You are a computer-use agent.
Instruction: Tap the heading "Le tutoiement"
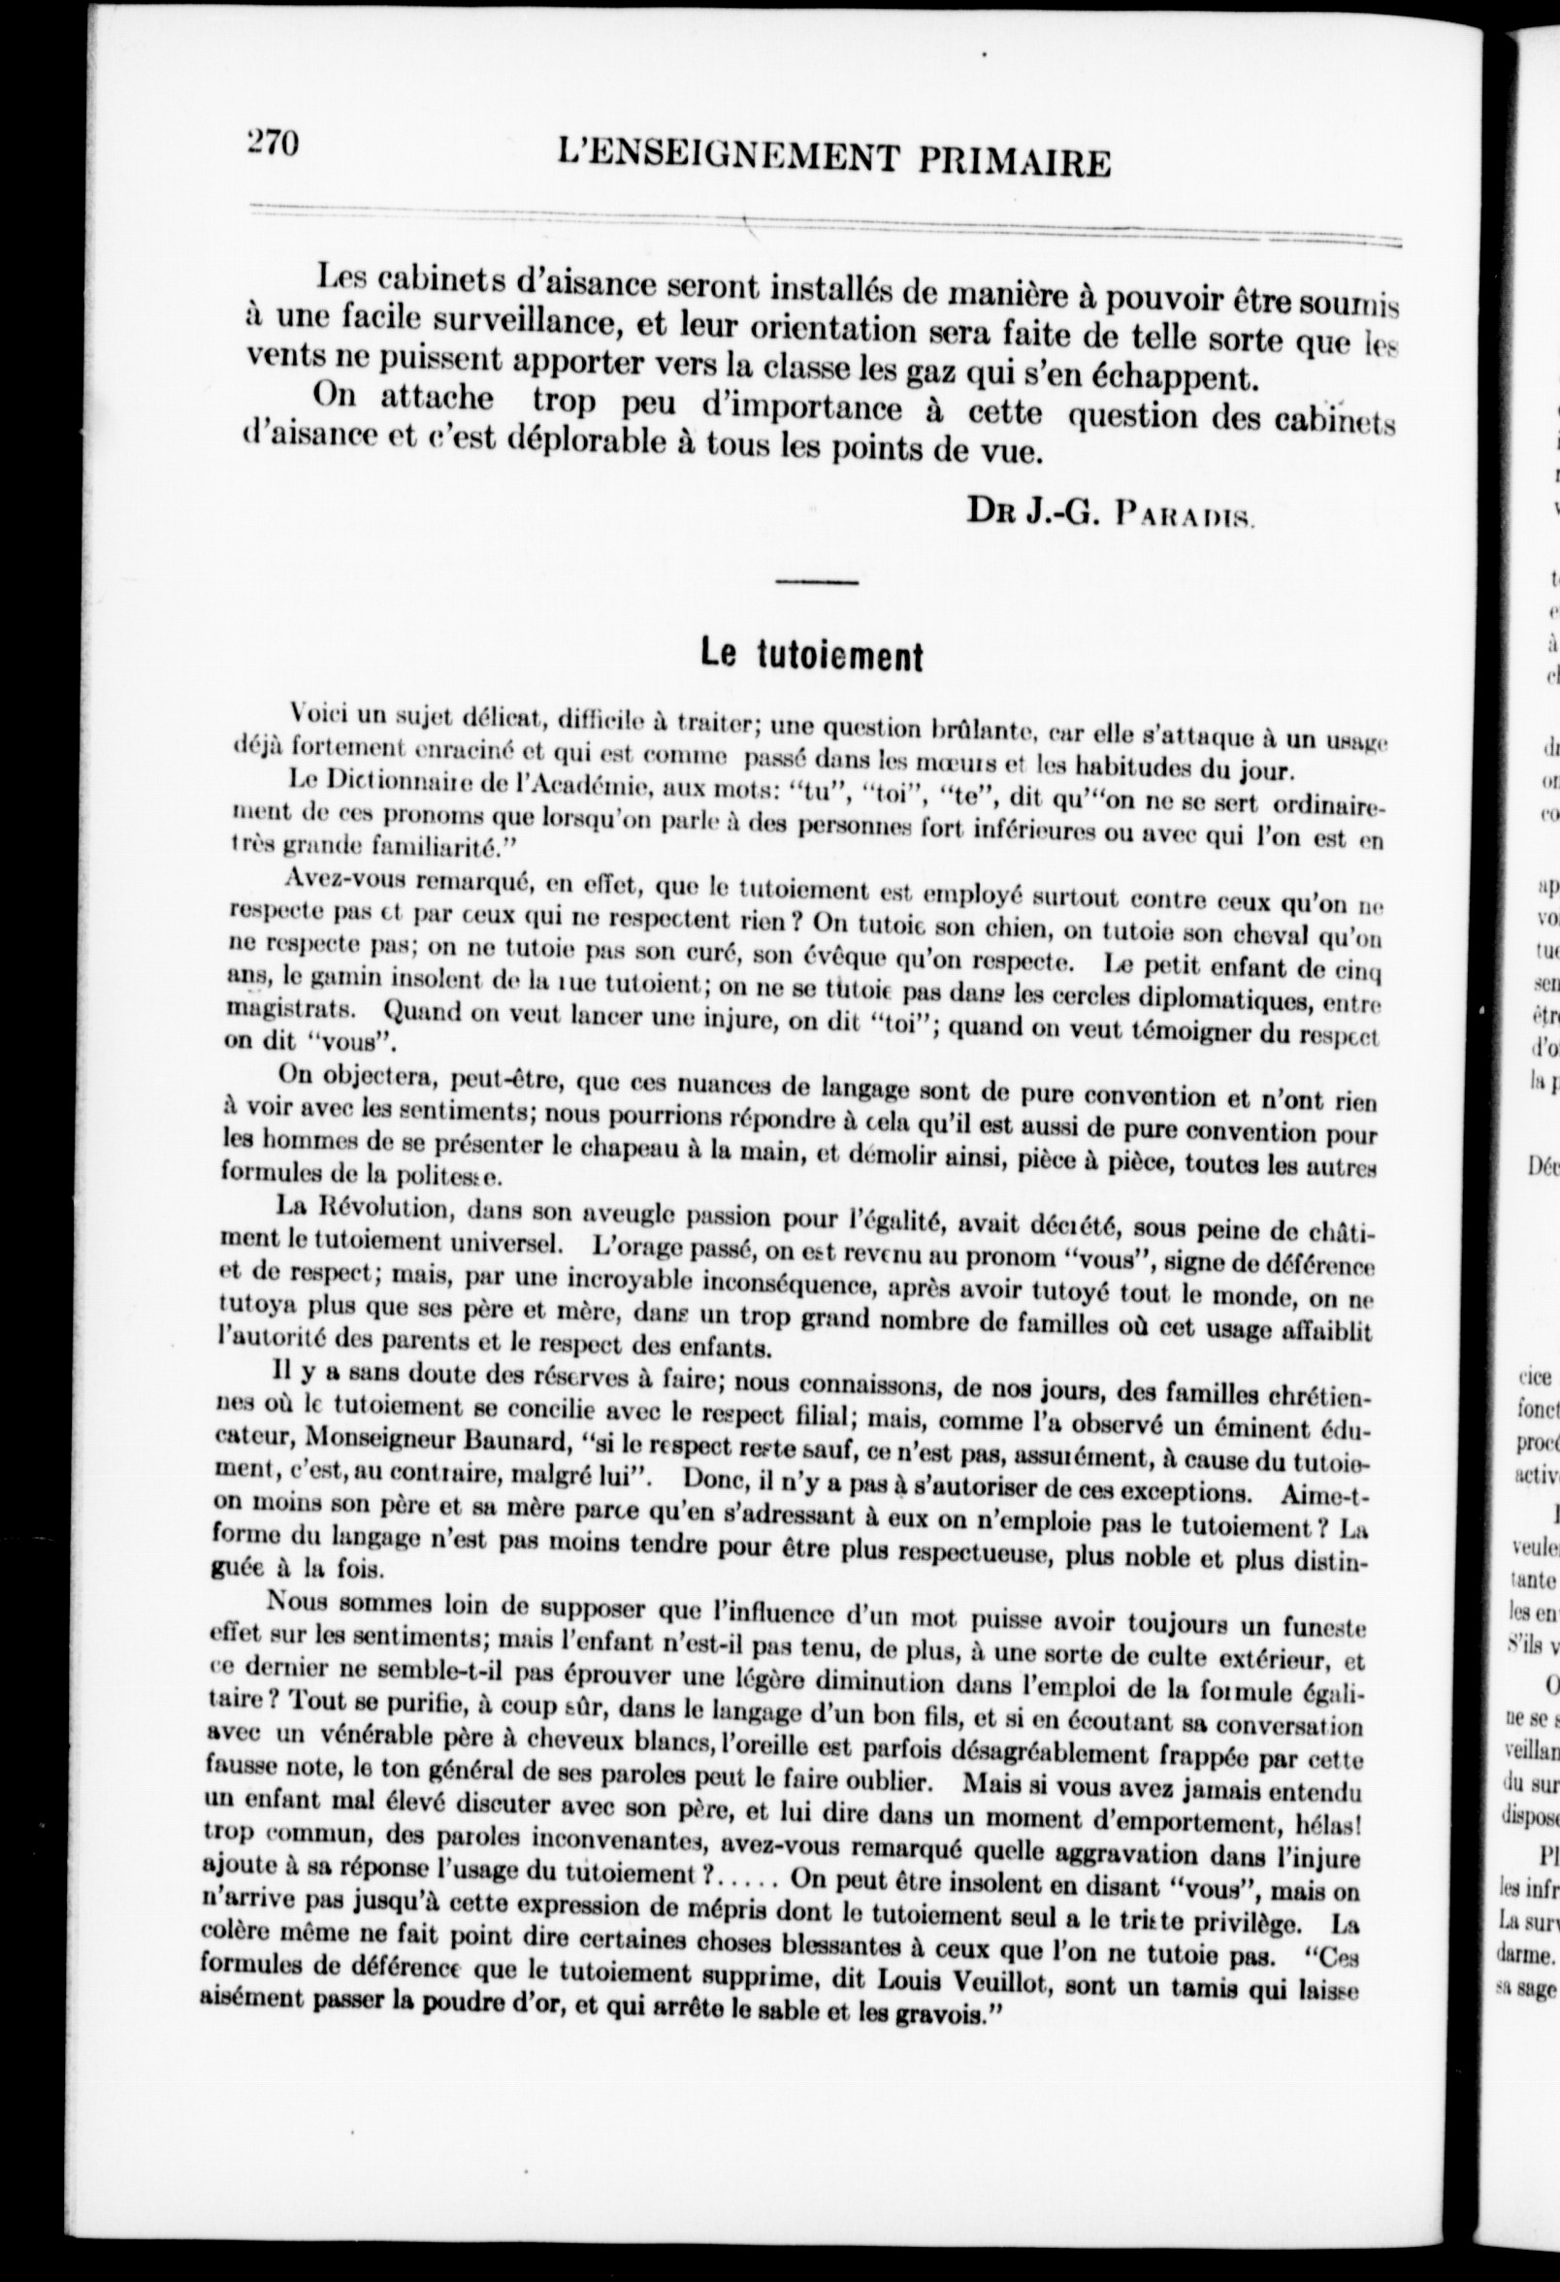pyautogui.click(x=811, y=655)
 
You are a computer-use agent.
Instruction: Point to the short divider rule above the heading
pyautogui.click(x=816, y=584)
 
